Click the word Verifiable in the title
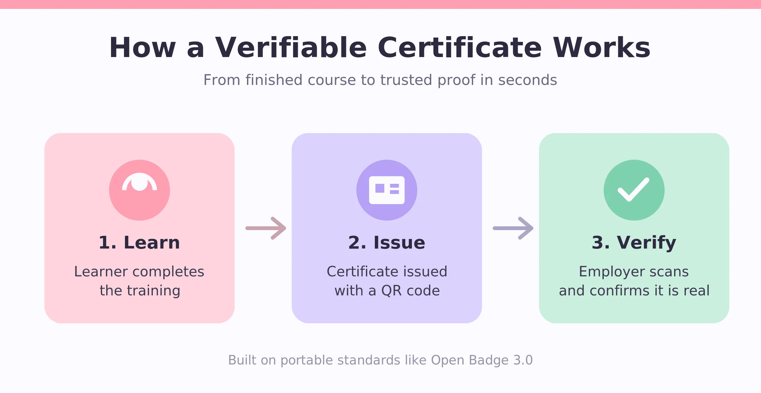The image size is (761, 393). [291, 48]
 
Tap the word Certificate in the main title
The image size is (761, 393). [460, 48]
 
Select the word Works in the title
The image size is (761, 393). [602, 48]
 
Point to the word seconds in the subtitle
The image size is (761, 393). [528, 80]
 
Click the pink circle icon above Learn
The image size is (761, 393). [140, 190]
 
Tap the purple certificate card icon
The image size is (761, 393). [387, 190]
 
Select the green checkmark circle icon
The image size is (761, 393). [634, 190]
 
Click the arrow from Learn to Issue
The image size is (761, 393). [266, 228]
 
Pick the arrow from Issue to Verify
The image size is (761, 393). [513, 228]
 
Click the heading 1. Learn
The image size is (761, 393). [140, 243]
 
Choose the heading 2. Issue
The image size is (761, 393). [387, 243]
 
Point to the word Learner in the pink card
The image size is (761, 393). [101, 272]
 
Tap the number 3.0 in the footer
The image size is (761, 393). [523, 360]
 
